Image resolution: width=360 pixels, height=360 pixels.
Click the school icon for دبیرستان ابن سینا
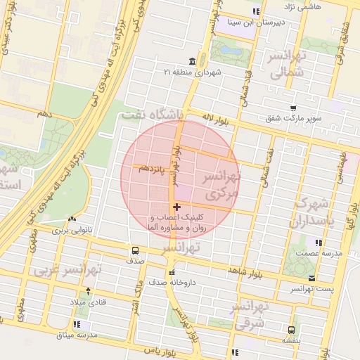tap(256, 12)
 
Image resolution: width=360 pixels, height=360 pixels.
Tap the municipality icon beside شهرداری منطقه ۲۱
tap(193, 60)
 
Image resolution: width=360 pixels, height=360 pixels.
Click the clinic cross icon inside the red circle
tap(176, 207)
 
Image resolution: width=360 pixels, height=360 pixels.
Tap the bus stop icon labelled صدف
tap(135, 250)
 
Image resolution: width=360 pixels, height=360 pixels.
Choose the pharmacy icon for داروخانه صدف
tap(171, 272)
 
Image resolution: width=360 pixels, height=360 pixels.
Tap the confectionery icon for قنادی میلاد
tap(72, 291)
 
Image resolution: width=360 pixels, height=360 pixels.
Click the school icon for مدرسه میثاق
tap(77, 325)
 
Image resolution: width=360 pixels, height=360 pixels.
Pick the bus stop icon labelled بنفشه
tap(291, 329)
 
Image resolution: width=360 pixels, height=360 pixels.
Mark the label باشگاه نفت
tap(151, 113)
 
